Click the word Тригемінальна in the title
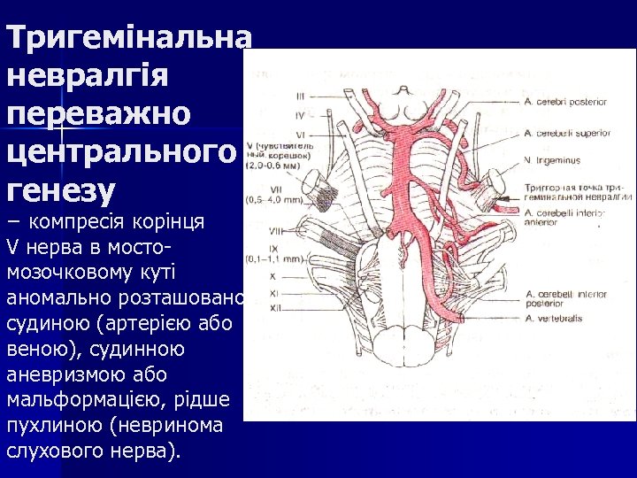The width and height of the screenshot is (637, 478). (x=128, y=36)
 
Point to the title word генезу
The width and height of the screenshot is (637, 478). (x=61, y=189)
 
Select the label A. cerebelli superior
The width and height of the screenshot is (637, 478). (x=566, y=133)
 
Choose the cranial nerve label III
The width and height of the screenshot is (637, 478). (x=301, y=96)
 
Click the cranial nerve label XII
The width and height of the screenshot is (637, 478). (x=300, y=307)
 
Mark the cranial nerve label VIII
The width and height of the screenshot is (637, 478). (x=300, y=230)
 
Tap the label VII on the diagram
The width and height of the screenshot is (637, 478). (x=300, y=188)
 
